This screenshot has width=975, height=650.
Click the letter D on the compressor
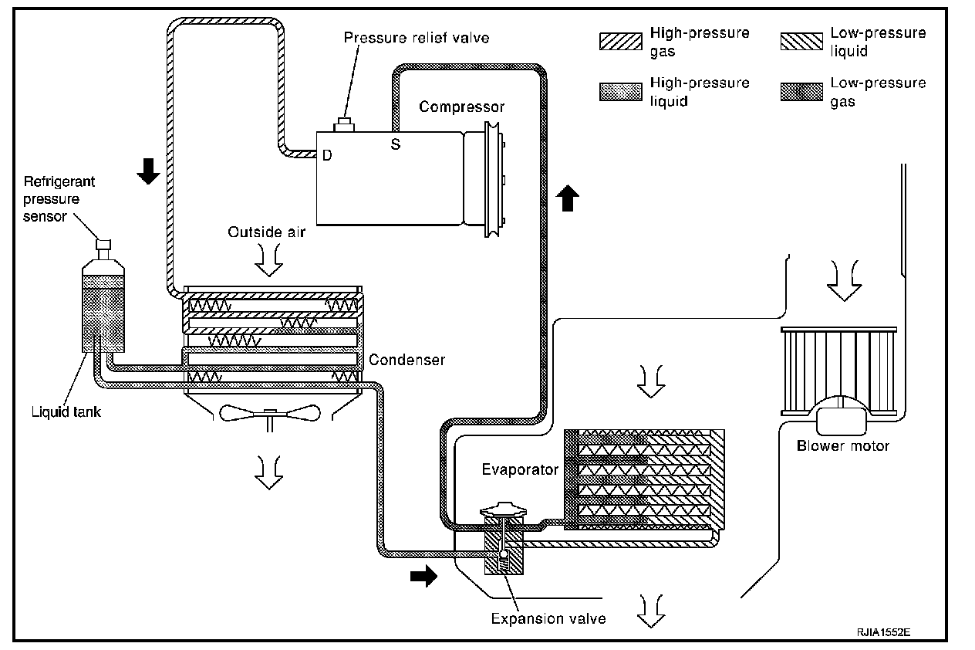(x=327, y=155)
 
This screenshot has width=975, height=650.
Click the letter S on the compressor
(x=395, y=144)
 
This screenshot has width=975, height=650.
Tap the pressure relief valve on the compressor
(x=344, y=124)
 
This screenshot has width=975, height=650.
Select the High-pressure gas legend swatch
(x=620, y=42)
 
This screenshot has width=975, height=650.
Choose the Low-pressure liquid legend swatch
(x=801, y=42)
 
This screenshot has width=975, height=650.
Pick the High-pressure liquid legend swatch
(x=620, y=92)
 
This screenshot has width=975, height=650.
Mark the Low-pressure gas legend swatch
(x=801, y=92)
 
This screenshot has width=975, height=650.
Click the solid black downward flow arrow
(x=148, y=171)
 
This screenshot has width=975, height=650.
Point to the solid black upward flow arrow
(x=568, y=198)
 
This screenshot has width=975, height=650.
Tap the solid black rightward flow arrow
(x=423, y=576)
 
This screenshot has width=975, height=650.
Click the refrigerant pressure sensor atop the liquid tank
(x=103, y=250)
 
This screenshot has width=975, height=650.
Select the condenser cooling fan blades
(x=270, y=413)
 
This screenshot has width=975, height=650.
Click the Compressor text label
(x=461, y=107)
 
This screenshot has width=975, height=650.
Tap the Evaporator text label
(x=520, y=469)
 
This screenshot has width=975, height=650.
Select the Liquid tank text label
(x=66, y=411)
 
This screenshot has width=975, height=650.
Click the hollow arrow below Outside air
(x=269, y=260)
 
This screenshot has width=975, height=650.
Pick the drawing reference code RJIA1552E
(x=884, y=632)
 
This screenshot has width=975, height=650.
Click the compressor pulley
(x=492, y=180)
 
